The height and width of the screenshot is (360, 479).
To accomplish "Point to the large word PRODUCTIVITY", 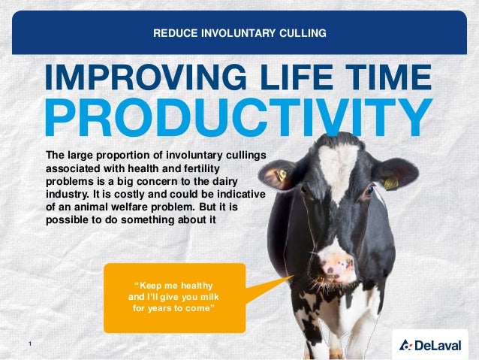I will pos(238,116).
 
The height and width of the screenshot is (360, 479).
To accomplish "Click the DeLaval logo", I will pos(433,345).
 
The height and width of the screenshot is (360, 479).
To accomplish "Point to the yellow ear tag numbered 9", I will pos(281,176).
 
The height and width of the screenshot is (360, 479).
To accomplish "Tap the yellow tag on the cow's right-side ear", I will pos(391,182).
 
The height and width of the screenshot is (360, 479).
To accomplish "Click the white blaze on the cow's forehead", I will pos(337,162).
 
